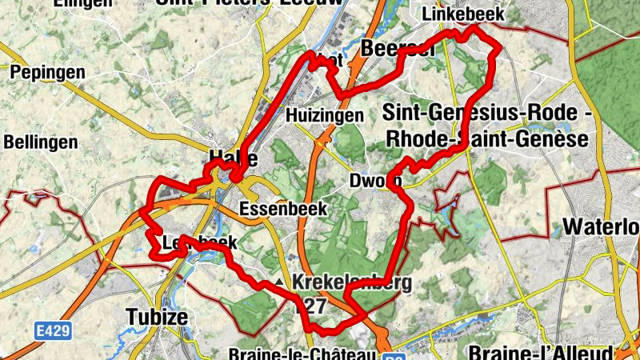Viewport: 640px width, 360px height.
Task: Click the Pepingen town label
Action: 47,73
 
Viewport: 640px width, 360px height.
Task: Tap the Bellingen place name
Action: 41,142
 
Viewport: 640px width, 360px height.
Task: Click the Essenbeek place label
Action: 283,209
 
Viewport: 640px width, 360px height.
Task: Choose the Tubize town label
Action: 157,317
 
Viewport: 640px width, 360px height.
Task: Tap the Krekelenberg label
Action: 352,282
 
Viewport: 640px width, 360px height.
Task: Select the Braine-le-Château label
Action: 300,354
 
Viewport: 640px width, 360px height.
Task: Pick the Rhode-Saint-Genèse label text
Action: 486,140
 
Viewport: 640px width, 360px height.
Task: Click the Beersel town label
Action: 398,48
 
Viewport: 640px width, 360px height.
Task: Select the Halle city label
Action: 233,157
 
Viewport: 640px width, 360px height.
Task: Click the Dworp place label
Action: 375,181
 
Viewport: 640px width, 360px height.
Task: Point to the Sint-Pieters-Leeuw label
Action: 249,2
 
